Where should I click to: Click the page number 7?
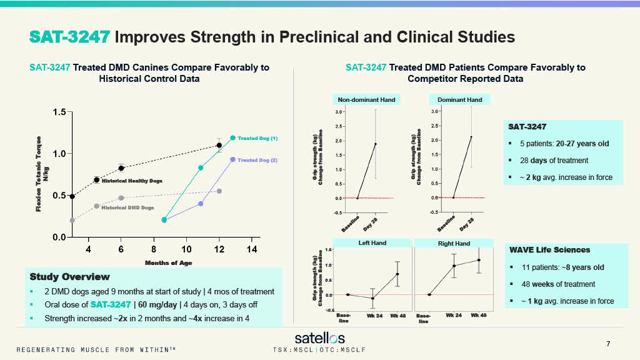(609, 344)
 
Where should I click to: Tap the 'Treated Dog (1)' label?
(257, 138)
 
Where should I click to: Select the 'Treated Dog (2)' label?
(257, 160)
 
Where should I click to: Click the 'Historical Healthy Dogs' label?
(132, 181)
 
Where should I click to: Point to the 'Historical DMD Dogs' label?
(127, 208)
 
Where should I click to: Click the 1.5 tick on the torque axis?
(58, 112)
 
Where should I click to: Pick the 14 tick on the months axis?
(251, 249)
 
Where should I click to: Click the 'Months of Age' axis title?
(169, 262)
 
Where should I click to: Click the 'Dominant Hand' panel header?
(459, 99)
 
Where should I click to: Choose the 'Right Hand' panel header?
(454, 243)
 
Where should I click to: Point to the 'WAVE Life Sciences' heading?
(550, 250)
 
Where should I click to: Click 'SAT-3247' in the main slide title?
(69, 37)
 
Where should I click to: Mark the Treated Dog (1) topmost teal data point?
(232, 137)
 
